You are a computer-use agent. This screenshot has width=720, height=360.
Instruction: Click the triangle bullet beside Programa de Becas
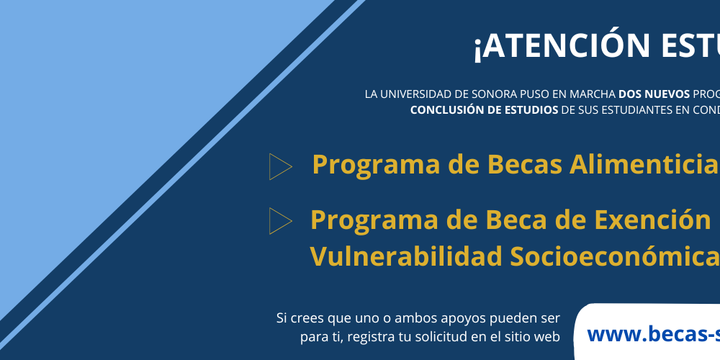click(279, 166)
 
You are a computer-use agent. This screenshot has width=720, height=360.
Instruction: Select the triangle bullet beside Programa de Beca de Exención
click(279, 221)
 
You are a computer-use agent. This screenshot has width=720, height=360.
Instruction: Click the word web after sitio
click(546, 336)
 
